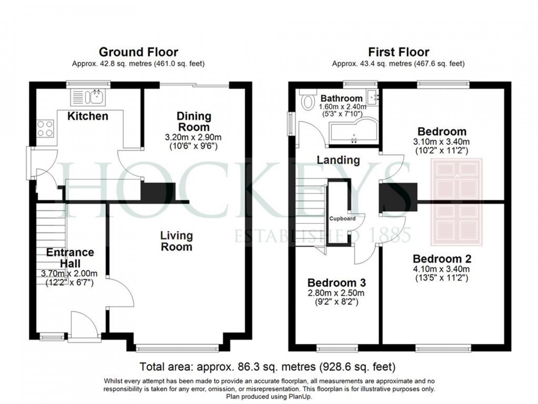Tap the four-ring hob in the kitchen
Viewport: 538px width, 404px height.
[45, 128]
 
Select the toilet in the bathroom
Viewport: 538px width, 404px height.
[308, 102]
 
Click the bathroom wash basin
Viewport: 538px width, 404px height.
[375, 97]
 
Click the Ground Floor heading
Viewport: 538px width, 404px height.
[138, 52]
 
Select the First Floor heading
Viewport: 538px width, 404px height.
[399, 52]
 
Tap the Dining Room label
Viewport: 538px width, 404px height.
[194, 121]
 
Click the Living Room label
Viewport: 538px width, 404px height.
[177, 241]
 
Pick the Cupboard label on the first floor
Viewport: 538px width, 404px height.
[342, 218]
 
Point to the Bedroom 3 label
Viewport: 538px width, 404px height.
[336, 283]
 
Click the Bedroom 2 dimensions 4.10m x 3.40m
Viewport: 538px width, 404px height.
[442, 269]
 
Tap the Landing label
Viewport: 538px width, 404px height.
[338, 160]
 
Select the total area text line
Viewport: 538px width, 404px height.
[268, 366]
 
